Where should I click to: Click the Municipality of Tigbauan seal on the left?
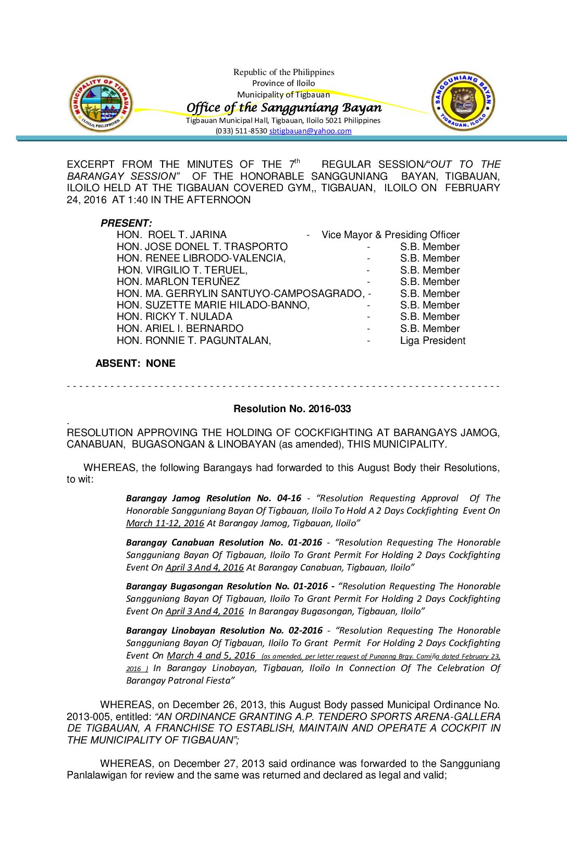click(x=101, y=103)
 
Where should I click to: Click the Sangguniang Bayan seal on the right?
click(x=463, y=102)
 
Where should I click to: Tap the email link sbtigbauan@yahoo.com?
click(x=310, y=131)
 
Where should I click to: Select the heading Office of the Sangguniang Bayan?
click(x=284, y=107)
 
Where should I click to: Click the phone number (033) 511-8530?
click(x=241, y=131)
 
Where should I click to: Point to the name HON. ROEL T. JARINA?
click(x=171, y=235)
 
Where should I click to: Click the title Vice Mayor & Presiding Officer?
click(x=390, y=235)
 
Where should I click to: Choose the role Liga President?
click(x=433, y=341)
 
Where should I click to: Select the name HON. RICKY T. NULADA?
click(x=174, y=317)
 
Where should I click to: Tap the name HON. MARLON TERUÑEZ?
click(x=178, y=282)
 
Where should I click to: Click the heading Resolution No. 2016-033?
click(x=292, y=409)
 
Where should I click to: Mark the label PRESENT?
click(x=126, y=223)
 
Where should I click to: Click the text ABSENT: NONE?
click(x=135, y=364)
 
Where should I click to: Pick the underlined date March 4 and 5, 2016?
click(x=211, y=655)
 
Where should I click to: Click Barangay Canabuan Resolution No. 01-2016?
click(x=224, y=542)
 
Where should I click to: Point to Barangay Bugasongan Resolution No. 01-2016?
click(x=227, y=586)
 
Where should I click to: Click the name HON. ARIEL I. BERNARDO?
click(x=180, y=329)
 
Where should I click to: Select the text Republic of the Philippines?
click(x=283, y=72)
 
